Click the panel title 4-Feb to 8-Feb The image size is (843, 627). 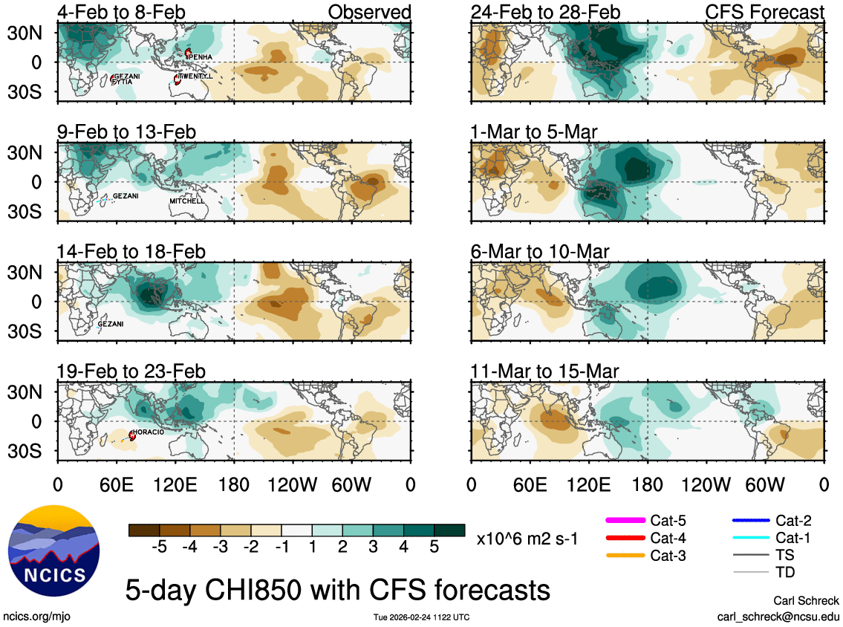(x=121, y=13)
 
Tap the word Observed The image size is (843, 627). (x=369, y=13)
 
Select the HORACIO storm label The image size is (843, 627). (x=149, y=432)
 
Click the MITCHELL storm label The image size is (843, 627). (x=186, y=201)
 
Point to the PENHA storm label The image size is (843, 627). (x=201, y=57)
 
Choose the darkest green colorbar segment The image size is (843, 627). (x=449, y=530)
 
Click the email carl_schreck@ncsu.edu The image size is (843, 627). (x=778, y=616)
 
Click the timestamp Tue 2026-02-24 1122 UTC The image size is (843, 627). (x=420, y=617)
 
